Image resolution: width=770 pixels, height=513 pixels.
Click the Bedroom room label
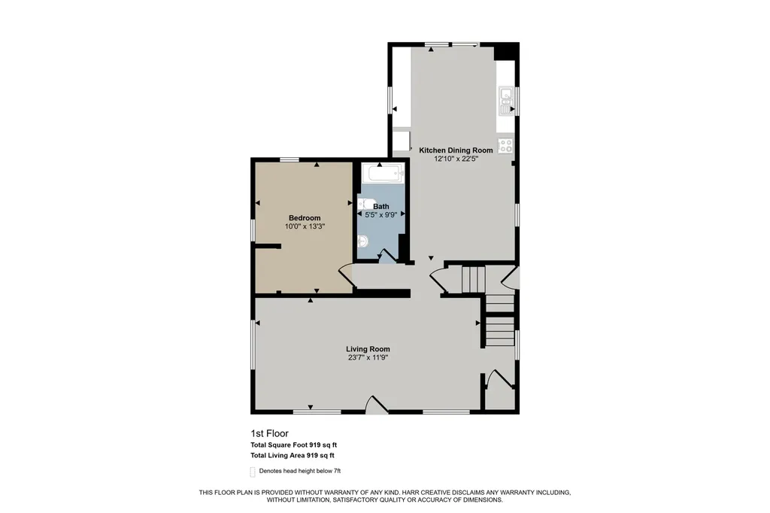pos(305,217)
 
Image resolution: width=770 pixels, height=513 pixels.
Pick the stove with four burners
pos(505,145)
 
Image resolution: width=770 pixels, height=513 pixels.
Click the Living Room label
pos(368,349)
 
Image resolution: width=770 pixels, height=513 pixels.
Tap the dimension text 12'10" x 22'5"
pos(456,159)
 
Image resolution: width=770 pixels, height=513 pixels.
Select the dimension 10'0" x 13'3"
pos(305,226)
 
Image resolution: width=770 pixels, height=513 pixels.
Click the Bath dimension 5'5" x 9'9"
pos(380,214)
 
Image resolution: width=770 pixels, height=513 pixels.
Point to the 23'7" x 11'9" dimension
pos(368,358)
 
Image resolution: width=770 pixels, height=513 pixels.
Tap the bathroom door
pos(387,256)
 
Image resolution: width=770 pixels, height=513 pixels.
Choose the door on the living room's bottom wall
pos(376,403)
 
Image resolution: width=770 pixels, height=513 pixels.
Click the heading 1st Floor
pos(270,433)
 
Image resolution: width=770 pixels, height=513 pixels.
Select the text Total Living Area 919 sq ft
pos(293,456)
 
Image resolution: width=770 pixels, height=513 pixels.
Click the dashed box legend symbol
pos(253,472)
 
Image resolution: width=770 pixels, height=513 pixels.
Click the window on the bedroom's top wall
pos(290,159)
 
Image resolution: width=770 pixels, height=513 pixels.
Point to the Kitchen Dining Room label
pos(456,150)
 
